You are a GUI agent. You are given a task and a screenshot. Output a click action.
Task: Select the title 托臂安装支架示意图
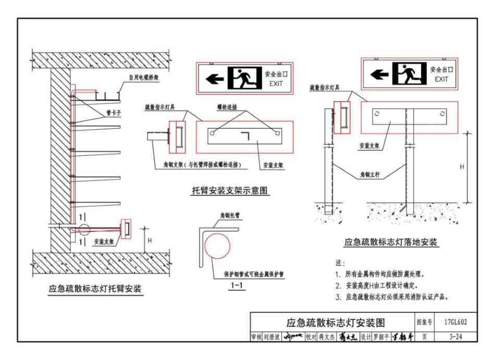coord(230,191)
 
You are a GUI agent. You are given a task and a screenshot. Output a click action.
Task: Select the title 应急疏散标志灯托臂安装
coord(95,289)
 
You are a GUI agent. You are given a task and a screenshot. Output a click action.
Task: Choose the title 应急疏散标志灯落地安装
coord(391,242)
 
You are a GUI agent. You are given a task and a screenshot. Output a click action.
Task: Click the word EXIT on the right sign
coord(441,79)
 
